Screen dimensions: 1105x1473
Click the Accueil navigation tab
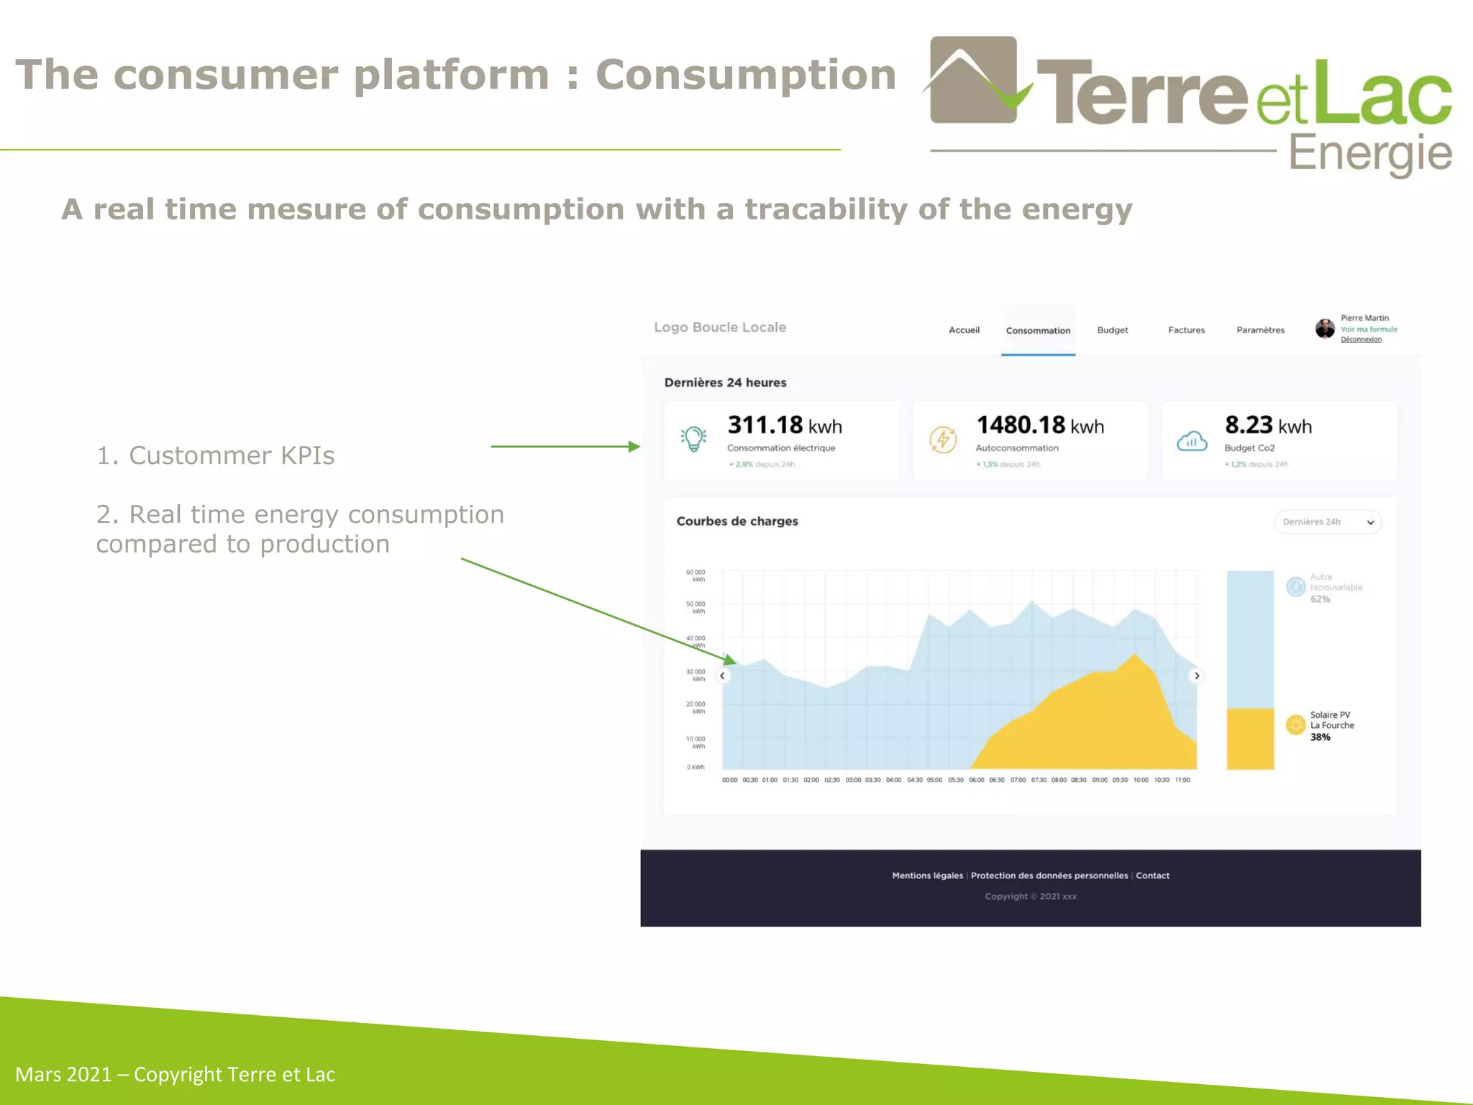tap(964, 330)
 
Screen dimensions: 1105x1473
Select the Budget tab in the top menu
tap(1112, 330)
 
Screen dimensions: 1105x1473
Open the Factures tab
tap(1186, 330)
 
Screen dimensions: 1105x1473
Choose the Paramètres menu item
tap(1260, 330)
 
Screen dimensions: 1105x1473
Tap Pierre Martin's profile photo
tap(1325, 329)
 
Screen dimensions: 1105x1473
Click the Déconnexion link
tap(1361, 340)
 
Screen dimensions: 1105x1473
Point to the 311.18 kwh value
tap(784, 425)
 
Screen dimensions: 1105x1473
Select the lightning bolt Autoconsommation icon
tap(943, 440)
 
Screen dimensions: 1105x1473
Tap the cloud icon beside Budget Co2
tap(1192, 440)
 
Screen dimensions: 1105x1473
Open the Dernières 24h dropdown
tap(1328, 522)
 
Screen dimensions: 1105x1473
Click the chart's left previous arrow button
tap(723, 676)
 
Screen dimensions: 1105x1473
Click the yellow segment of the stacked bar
tap(1250, 739)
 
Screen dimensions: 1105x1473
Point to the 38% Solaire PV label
tap(1320, 737)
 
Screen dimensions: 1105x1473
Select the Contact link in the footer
tap(1152, 876)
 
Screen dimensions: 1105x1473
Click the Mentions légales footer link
tap(927, 876)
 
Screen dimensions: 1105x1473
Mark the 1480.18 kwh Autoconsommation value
tap(1039, 425)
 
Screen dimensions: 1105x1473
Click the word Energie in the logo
tap(1370, 154)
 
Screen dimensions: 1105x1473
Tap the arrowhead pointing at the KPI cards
tap(634, 447)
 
